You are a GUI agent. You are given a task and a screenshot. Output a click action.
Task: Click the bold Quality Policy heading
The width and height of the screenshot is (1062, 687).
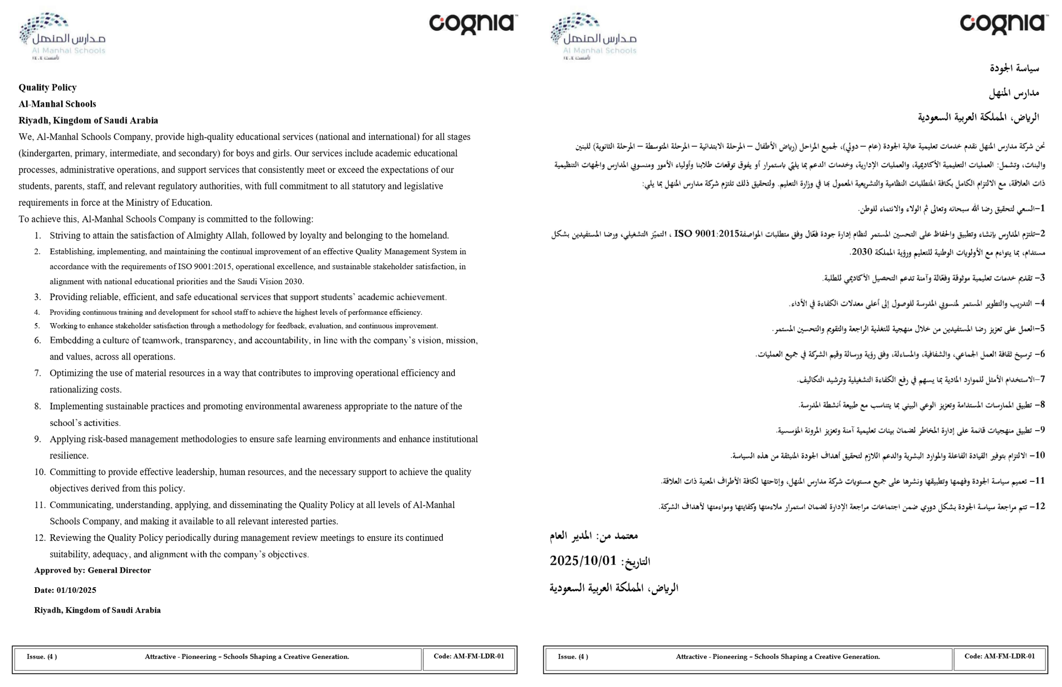click(48, 87)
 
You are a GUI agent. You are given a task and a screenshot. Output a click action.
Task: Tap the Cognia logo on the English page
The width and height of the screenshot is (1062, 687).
click(472, 24)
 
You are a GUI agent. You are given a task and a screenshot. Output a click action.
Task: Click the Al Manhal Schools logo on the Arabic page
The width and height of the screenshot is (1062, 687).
click(593, 36)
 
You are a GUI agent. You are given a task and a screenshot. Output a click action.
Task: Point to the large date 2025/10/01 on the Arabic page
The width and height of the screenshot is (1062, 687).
click(583, 561)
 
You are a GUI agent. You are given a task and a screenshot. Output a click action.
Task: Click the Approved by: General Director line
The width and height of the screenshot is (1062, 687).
click(93, 571)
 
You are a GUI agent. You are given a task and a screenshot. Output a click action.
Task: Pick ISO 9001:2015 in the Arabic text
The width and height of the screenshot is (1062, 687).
click(707, 234)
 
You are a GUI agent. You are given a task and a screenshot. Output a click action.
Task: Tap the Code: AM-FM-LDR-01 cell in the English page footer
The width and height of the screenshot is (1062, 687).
click(469, 657)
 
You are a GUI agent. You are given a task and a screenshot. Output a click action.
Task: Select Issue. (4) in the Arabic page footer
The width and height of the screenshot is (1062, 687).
click(573, 657)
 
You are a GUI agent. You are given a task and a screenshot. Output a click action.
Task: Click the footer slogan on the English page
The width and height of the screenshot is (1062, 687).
click(247, 657)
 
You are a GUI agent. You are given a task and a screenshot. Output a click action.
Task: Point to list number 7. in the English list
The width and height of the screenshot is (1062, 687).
click(38, 373)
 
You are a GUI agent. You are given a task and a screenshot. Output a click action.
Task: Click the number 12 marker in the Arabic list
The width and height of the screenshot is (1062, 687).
click(1039, 507)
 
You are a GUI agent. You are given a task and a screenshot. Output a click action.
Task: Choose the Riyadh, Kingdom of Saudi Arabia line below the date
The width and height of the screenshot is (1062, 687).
click(97, 610)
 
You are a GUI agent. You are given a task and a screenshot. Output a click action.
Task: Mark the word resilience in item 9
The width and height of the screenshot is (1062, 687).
click(68, 456)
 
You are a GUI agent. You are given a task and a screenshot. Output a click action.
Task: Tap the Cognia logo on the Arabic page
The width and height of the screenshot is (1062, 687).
click(1004, 24)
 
